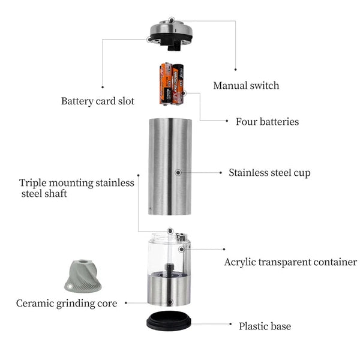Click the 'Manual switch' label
(x=246, y=86)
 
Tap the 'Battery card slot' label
(x=98, y=101)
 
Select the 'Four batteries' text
(x=267, y=122)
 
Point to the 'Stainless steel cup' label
(x=269, y=173)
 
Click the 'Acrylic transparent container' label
(x=290, y=262)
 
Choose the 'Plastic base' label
(x=265, y=326)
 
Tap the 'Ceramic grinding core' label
(x=67, y=303)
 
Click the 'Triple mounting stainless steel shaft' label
(x=76, y=188)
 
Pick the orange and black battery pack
(x=172, y=83)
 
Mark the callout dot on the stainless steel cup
(x=178, y=173)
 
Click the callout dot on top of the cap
(x=172, y=20)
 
